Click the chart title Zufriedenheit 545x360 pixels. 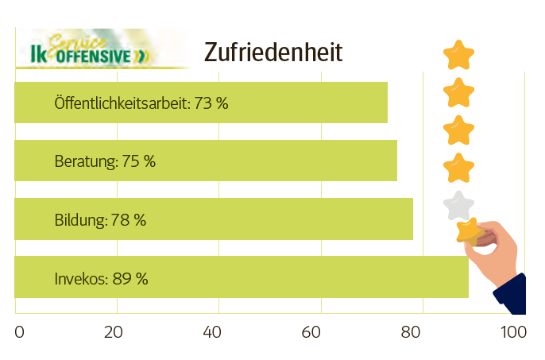pos(273,52)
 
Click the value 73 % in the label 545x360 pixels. pos(211,103)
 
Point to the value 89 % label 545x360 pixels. pos(131,279)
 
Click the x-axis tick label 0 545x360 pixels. pos(20,331)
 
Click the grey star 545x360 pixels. pos(459,205)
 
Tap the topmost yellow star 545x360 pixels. pos(459,56)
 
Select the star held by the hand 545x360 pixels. pos(470,231)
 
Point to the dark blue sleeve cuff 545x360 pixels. pos(512,296)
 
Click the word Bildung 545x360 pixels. pos(79,220)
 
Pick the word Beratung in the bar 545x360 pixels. pos(85,161)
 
